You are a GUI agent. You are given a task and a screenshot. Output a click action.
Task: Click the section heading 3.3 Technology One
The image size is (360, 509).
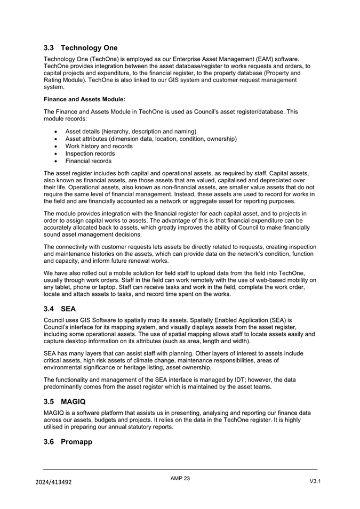(81, 48)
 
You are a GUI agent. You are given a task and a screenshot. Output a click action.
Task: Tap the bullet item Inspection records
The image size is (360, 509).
(90, 153)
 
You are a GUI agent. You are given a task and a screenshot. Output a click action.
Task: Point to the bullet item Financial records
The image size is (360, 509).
(88, 161)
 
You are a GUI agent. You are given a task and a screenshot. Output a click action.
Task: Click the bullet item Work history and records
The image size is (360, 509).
(99, 146)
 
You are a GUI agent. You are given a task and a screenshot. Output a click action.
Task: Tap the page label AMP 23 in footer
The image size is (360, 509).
(180, 479)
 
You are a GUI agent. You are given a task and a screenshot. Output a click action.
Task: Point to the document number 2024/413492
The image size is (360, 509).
(54, 482)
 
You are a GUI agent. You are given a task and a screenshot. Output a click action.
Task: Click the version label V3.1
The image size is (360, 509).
(315, 481)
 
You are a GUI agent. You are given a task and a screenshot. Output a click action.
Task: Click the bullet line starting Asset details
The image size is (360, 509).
(131, 131)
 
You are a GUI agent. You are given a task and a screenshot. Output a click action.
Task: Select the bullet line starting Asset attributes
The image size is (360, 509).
(151, 139)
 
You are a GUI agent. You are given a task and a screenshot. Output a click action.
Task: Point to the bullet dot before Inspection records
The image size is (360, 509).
(57, 154)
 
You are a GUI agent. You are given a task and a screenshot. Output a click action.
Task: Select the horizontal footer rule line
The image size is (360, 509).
(180, 469)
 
